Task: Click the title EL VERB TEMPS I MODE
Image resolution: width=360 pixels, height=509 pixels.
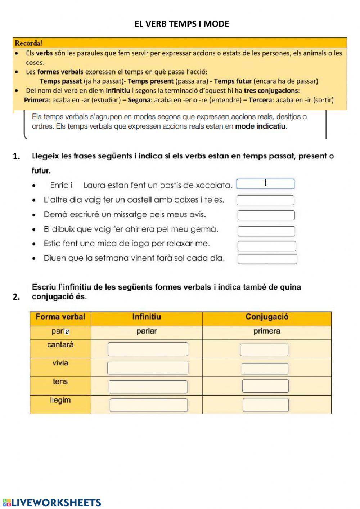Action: tap(181, 24)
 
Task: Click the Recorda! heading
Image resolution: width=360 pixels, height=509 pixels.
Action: tap(28, 43)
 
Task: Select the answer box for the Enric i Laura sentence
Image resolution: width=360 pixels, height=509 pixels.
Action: tap(265, 184)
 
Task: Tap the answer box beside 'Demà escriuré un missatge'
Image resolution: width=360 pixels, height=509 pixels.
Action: tap(266, 215)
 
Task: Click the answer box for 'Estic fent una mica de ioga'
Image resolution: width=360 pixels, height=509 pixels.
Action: tap(266, 246)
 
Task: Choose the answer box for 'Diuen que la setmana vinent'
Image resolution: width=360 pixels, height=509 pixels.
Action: tap(267, 259)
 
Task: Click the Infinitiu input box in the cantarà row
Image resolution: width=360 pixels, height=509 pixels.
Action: tap(148, 349)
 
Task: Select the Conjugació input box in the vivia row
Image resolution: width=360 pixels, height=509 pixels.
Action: tap(265, 369)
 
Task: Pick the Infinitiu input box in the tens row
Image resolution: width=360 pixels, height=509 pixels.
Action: tap(148, 387)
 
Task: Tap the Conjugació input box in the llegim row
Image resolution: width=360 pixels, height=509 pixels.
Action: tap(266, 405)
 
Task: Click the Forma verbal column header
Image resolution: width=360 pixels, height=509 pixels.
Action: tap(60, 317)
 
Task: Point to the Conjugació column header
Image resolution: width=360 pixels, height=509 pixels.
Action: tap(267, 317)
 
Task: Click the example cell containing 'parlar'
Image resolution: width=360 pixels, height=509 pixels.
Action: tap(147, 331)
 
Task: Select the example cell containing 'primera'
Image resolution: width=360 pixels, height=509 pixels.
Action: tap(267, 331)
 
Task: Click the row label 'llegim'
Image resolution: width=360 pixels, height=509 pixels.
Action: tap(60, 400)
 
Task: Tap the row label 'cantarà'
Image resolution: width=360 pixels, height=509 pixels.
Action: tap(60, 344)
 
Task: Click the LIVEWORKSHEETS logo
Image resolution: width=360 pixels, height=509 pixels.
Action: tap(52, 503)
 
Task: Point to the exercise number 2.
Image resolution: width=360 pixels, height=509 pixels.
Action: tap(16, 297)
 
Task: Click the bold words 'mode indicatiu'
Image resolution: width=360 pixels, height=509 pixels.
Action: tap(261, 126)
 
